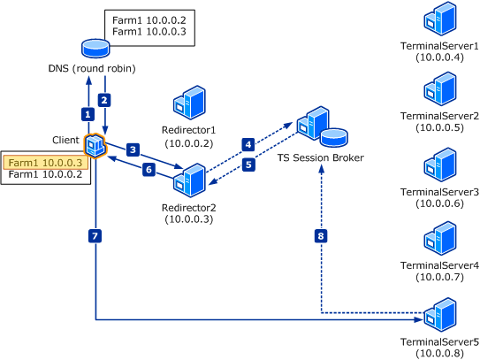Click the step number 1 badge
coord(88,115)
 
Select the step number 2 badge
coord(104,100)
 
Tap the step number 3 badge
coord(133,149)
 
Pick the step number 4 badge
coord(248,144)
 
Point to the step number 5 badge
coord(248,165)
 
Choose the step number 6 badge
coord(149,170)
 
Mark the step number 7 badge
coord(95,236)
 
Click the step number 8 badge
coord(321,236)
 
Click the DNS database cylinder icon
coord(95,48)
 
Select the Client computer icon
coord(95,146)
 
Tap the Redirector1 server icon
coord(189,103)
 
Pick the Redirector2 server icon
coord(189,180)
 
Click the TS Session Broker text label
coord(321,157)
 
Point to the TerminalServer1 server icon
coord(440,19)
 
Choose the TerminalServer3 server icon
coord(440,165)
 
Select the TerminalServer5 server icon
coord(440,315)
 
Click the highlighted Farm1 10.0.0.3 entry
coord(46,163)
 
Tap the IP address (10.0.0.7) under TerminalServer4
coord(440,277)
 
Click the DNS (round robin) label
coord(92,68)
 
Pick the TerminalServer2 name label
coord(439,116)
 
